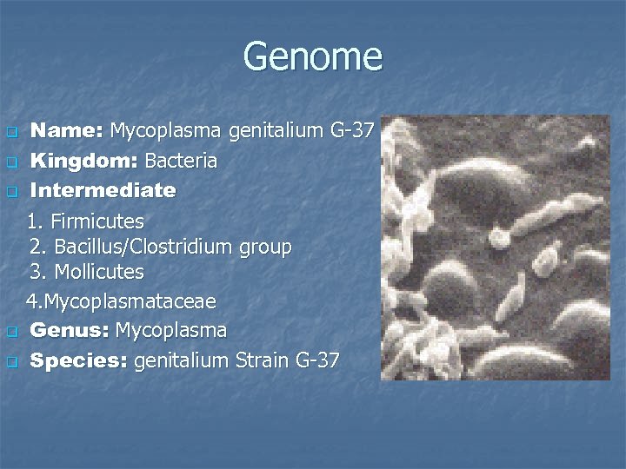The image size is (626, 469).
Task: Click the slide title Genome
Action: [312, 56]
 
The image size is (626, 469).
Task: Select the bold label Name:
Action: [67, 131]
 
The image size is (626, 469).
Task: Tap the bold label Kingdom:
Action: [84, 162]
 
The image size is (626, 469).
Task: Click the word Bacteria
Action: [181, 162]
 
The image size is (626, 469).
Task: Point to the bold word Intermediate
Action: [103, 190]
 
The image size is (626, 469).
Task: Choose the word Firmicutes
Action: [97, 221]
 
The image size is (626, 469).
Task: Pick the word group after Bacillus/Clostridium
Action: [265, 247]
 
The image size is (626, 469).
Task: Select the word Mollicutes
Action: [99, 272]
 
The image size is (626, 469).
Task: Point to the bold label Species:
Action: [79, 360]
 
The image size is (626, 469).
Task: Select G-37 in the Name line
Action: [352, 131]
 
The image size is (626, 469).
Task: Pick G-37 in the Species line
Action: [317, 360]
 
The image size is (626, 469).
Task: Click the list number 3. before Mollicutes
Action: [38, 272]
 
